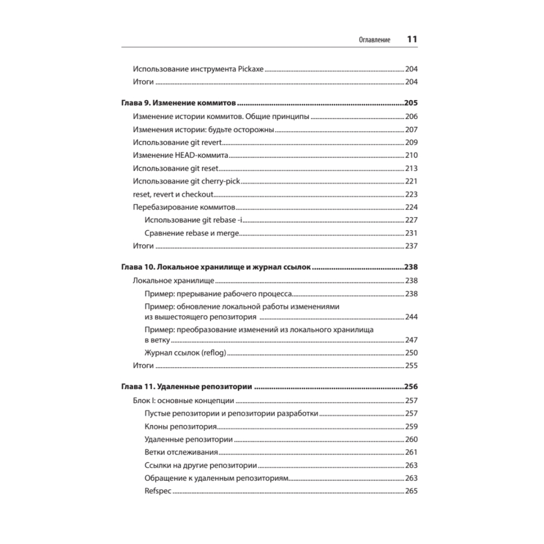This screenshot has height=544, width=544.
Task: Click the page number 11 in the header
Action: click(x=412, y=40)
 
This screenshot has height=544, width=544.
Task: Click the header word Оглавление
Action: click(x=374, y=40)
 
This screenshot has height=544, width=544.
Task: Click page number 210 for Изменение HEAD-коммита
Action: click(x=411, y=156)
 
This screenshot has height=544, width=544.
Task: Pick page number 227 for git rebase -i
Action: click(x=411, y=220)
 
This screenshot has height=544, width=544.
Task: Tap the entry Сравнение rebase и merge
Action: click(x=193, y=233)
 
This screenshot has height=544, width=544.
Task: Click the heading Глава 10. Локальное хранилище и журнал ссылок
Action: click(x=215, y=268)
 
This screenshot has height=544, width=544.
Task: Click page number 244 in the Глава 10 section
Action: click(x=411, y=317)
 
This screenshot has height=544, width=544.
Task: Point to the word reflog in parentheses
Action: click(x=213, y=353)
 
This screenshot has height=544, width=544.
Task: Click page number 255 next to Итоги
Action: click(x=411, y=366)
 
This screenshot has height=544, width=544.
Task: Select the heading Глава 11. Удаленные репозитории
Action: click(x=186, y=387)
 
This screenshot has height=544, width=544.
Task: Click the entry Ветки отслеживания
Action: click(x=182, y=453)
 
